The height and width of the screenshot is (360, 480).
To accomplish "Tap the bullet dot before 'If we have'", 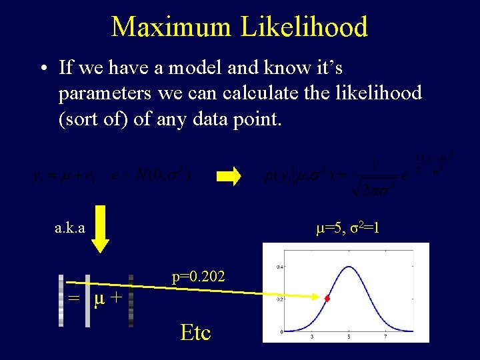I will (x=42, y=68).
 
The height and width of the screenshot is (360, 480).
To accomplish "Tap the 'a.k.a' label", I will (x=69, y=228).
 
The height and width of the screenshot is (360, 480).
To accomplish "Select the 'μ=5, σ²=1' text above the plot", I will (x=347, y=228).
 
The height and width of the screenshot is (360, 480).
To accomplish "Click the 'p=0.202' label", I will (x=198, y=276).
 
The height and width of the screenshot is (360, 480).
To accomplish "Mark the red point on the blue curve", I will (x=327, y=299).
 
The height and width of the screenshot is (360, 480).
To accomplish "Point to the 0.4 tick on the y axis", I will (x=281, y=267).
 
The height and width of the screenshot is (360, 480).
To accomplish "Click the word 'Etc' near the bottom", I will (x=195, y=332).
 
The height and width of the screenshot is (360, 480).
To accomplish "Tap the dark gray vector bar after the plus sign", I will (x=131, y=301).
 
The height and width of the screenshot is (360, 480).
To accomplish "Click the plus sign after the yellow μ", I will (x=115, y=297).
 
